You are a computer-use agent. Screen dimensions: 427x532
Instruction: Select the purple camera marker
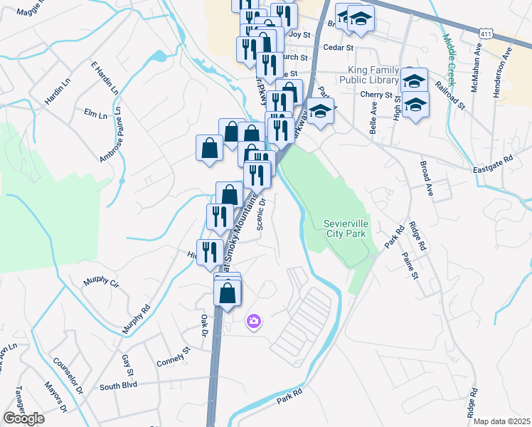click(x=254, y=322)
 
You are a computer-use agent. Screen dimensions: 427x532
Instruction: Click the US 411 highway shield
click(x=486, y=33)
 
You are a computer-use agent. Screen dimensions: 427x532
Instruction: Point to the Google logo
click(x=23, y=418)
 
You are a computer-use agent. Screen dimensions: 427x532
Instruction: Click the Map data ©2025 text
click(x=502, y=421)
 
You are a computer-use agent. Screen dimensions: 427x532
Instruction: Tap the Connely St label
click(x=174, y=356)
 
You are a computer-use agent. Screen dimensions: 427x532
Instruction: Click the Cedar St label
click(x=338, y=48)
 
